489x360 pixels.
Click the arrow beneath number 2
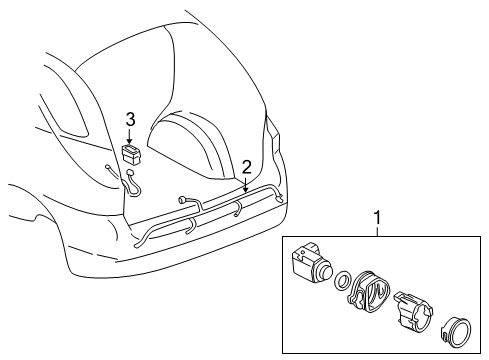point(246,184)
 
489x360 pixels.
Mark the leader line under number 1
point(376,231)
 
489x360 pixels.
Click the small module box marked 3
point(130,153)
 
